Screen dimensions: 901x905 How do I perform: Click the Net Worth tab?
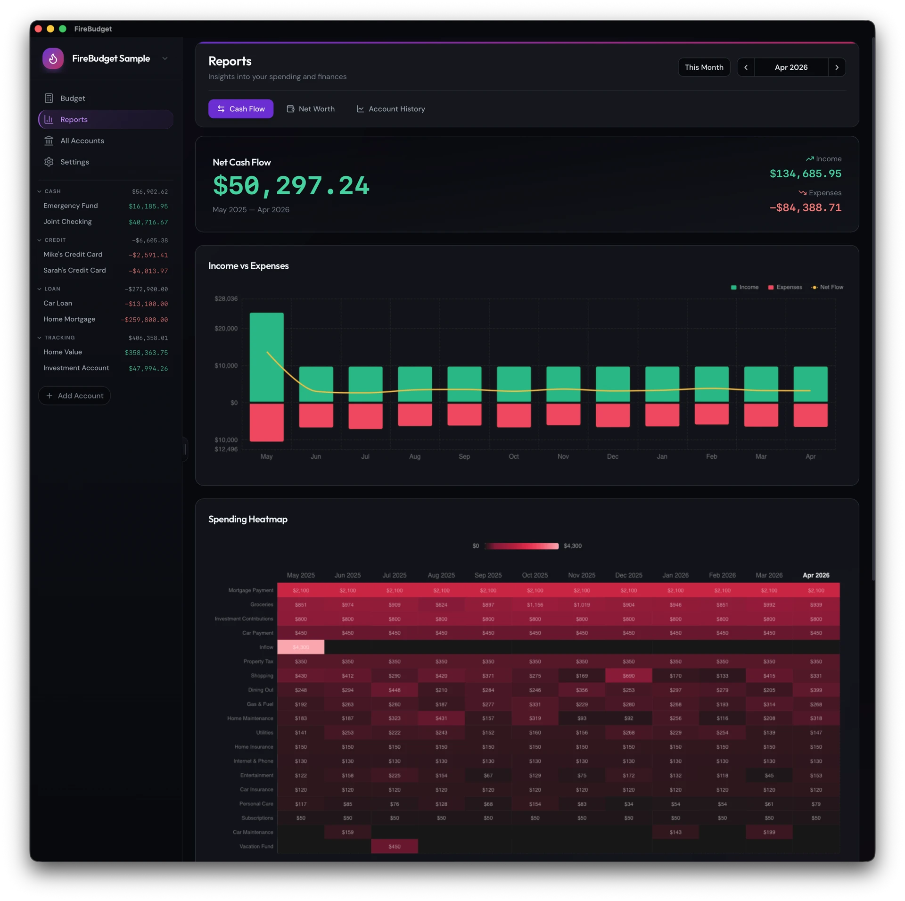point(311,109)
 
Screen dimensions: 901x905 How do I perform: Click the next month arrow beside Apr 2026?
point(837,67)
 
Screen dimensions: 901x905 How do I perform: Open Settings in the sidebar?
point(74,162)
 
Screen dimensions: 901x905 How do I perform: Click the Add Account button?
point(74,396)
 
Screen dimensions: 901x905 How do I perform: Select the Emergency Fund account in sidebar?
point(71,206)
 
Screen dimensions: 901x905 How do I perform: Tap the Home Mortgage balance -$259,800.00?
point(144,320)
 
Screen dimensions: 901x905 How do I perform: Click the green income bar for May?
point(266,356)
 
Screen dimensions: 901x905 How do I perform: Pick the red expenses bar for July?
point(365,416)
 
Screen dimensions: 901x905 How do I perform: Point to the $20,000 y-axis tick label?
point(226,329)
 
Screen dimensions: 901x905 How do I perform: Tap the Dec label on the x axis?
point(612,456)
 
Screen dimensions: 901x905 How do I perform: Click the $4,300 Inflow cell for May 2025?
point(301,647)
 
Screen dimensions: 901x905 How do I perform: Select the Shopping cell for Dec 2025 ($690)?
point(628,676)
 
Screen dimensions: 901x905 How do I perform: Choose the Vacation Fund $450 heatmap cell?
point(395,846)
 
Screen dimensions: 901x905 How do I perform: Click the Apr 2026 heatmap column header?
point(816,575)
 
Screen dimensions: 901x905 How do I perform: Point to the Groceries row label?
point(262,604)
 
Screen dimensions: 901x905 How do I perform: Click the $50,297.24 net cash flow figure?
point(291,185)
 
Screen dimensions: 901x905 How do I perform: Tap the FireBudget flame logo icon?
point(53,58)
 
